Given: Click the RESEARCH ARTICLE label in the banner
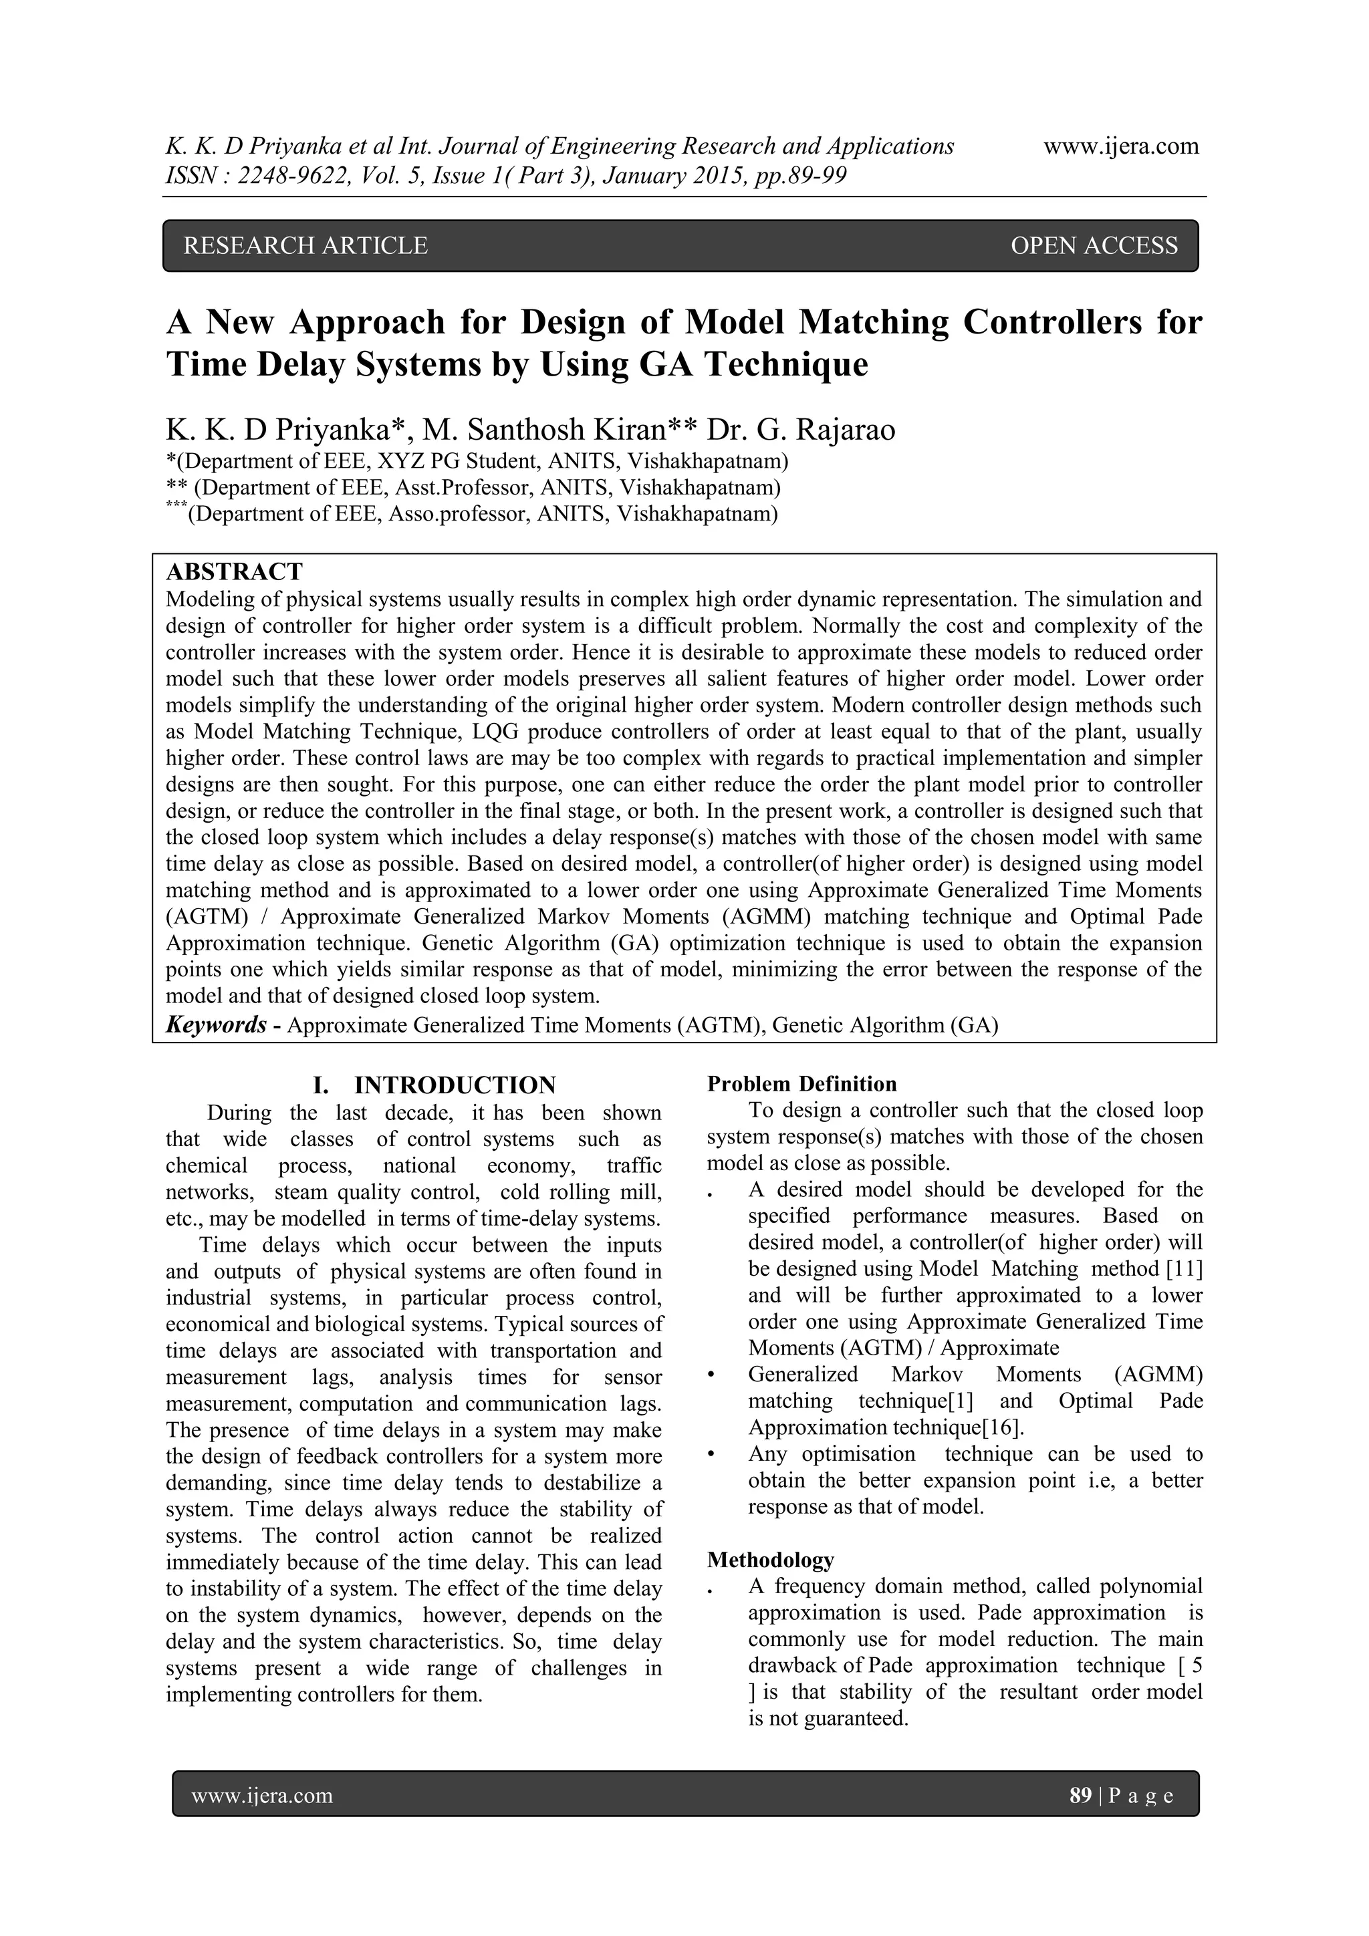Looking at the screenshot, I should [x=305, y=245].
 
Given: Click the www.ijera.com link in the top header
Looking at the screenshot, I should [x=1121, y=146].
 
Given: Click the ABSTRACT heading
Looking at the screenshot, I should [x=234, y=571].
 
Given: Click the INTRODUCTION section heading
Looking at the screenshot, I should [x=455, y=1085].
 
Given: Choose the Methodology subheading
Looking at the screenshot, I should [x=770, y=1559].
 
